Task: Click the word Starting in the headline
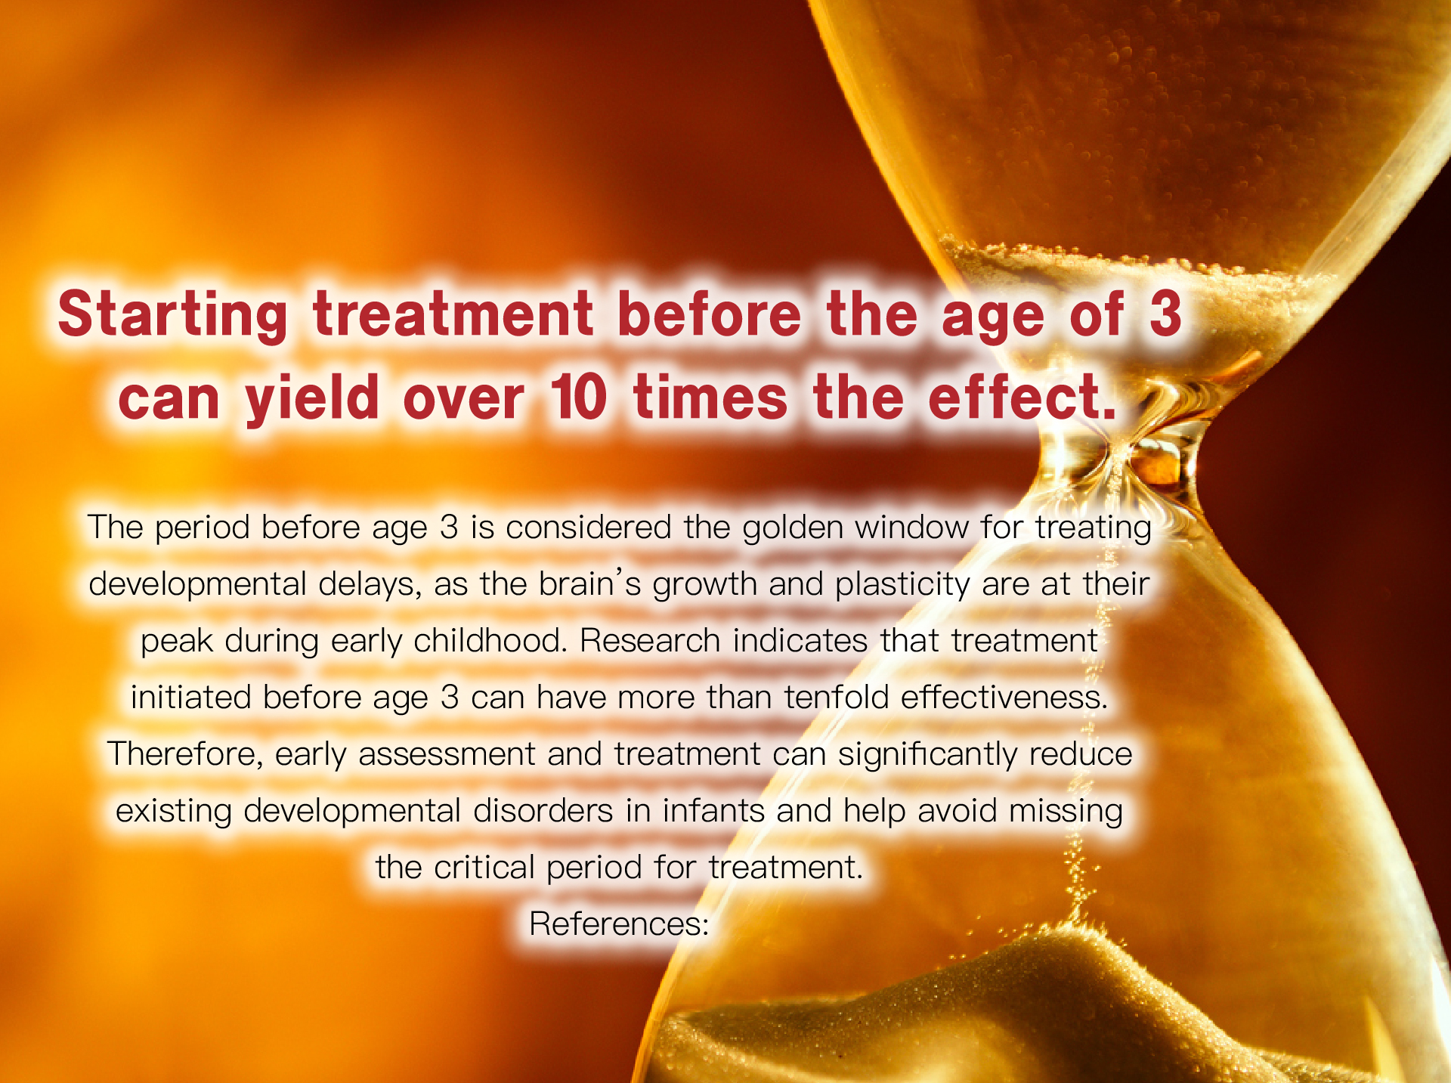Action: (172, 315)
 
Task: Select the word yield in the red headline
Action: (311, 398)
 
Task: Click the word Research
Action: (648, 640)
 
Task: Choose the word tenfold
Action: (836, 697)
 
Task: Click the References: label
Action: (619, 924)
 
